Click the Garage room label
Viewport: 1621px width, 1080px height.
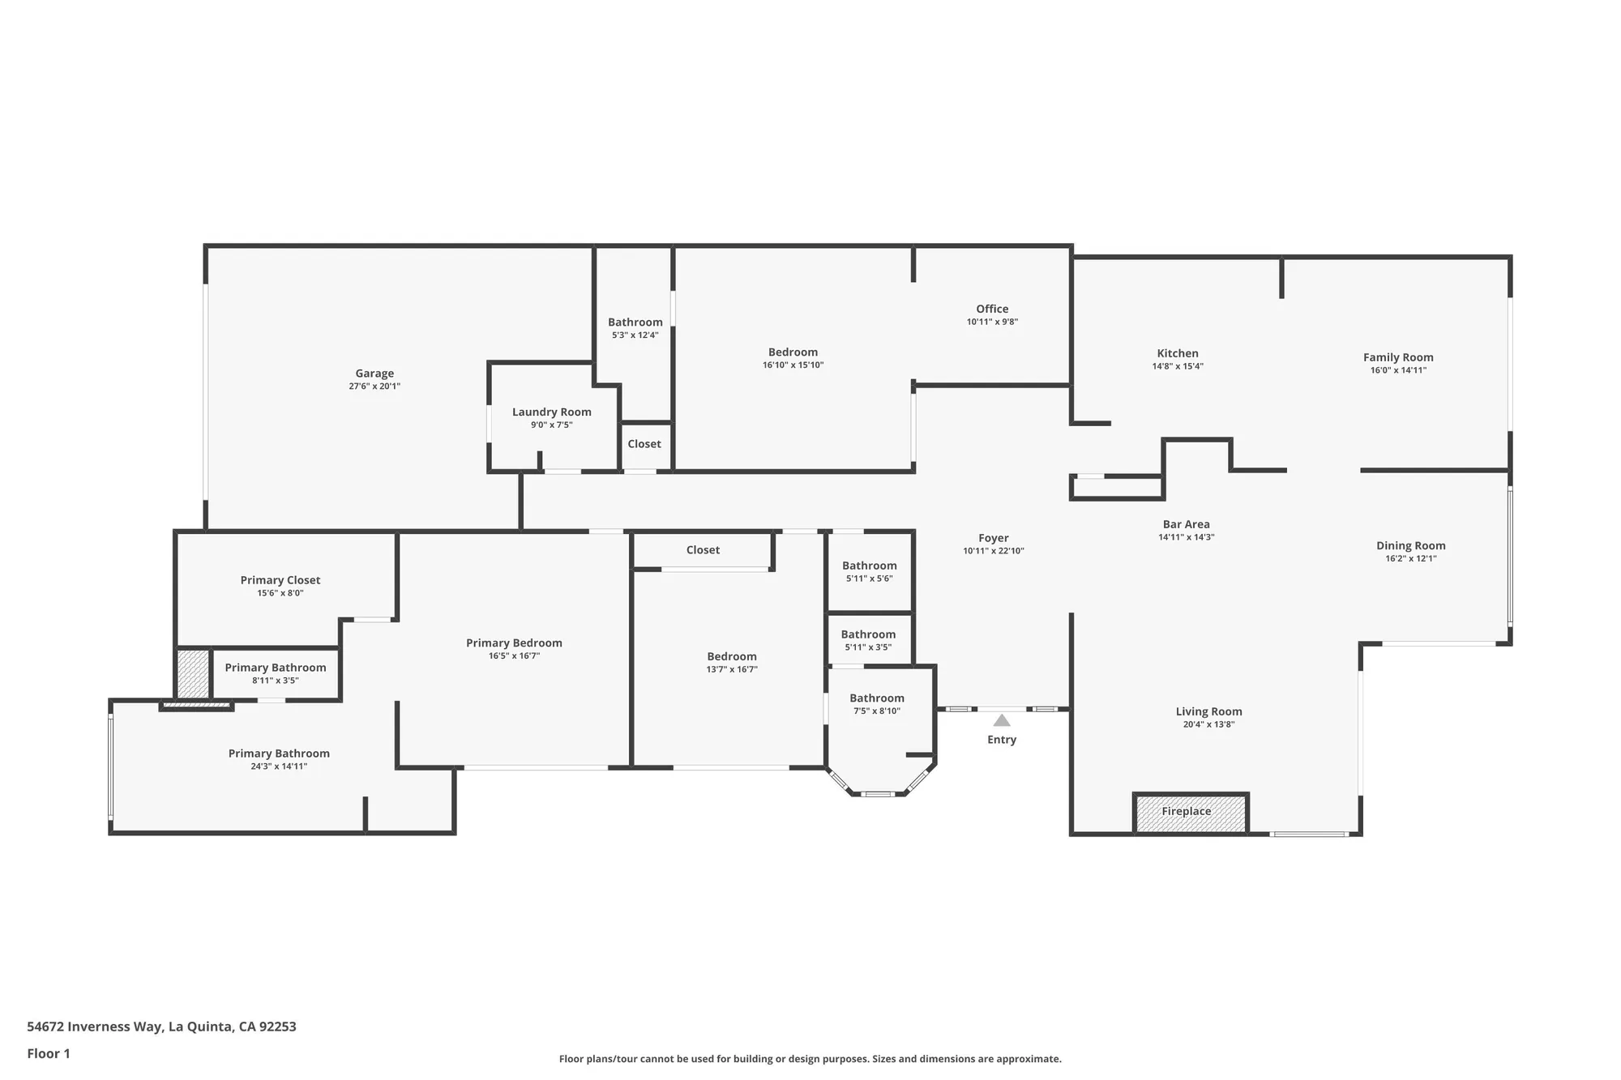tap(374, 374)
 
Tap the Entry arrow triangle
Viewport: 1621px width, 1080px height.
tap(1002, 720)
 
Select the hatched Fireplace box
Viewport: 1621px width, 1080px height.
tap(1190, 813)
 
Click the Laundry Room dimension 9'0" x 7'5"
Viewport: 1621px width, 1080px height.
tap(551, 425)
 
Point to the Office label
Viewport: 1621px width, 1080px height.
tap(992, 309)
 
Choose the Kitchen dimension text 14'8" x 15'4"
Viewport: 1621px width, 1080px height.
tap(1178, 366)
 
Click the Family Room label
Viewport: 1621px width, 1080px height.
tap(1398, 357)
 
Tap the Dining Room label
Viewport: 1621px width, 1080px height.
tap(1410, 545)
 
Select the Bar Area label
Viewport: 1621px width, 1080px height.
tap(1186, 524)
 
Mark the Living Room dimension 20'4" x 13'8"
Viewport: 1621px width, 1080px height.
tap(1208, 724)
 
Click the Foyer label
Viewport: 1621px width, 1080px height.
tap(993, 538)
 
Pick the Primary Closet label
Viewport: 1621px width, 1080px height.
tap(280, 580)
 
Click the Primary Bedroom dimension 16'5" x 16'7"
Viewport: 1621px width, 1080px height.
tap(514, 655)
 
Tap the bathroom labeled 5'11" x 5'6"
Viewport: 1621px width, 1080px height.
tap(869, 566)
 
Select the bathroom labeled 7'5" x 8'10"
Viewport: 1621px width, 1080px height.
tap(876, 698)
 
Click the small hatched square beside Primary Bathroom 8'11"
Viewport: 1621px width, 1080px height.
tap(193, 673)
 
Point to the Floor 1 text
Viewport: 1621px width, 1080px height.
tap(49, 1053)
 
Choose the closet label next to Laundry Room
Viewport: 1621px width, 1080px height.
tap(644, 444)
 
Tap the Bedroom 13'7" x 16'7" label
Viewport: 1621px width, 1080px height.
tap(731, 657)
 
